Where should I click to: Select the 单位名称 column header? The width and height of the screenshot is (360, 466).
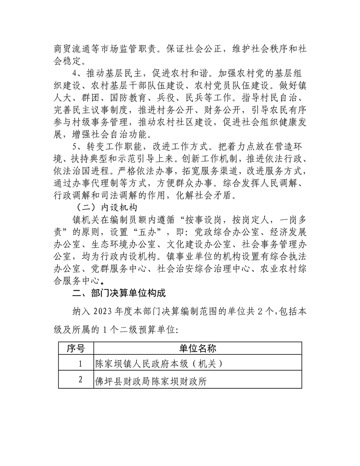[x=197, y=349]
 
